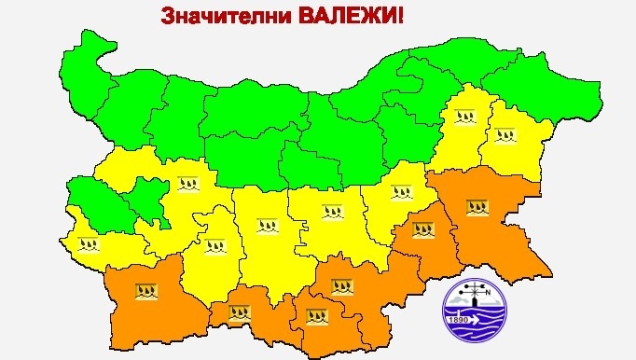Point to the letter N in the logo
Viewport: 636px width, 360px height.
[x=487, y=299]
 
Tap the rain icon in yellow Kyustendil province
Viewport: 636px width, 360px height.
[x=89, y=245]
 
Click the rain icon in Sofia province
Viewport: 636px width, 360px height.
[x=189, y=182]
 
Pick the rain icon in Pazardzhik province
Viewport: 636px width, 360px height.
[x=215, y=246]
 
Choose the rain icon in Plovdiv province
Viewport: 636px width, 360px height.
[x=269, y=225]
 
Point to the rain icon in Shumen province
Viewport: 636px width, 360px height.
[x=463, y=118]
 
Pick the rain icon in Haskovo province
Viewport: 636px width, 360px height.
[x=340, y=285]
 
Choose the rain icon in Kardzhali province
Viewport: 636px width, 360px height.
[x=318, y=315]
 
